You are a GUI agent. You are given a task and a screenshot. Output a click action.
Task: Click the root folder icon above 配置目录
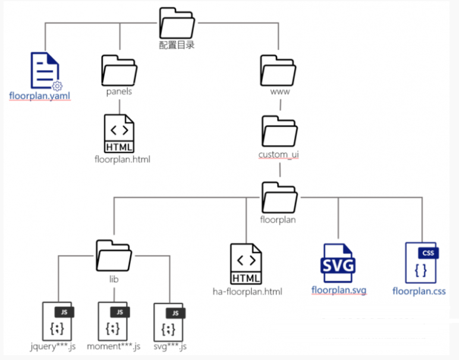pyautogui.click(x=177, y=23)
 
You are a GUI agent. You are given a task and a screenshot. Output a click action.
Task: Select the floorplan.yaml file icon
pyautogui.click(x=44, y=71)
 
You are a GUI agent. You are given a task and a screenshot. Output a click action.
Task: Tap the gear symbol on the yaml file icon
pyautogui.click(x=57, y=86)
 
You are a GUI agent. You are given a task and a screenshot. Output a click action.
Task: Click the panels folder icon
pyautogui.click(x=119, y=71)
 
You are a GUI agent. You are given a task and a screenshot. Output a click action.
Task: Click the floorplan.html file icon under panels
pyautogui.click(x=119, y=133)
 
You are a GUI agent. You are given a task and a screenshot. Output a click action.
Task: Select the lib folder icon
pyautogui.click(x=114, y=255)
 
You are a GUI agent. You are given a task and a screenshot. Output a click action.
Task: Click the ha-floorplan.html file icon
pyautogui.click(x=246, y=264)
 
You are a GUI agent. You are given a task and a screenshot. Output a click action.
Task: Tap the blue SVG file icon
pyautogui.click(x=338, y=264)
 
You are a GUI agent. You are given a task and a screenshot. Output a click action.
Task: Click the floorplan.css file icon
pyautogui.click(x=420, y=263)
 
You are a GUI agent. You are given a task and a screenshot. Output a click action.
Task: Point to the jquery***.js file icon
pyautogui.click(x=58, y=321)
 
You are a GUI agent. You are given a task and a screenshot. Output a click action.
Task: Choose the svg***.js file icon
pyautogui.click(x=169, y=321)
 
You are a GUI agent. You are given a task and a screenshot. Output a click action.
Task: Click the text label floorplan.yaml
pyautogui.click(x=40, y=95)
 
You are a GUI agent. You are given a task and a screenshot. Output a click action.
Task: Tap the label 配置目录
pyautogui.click(x=177, y=45)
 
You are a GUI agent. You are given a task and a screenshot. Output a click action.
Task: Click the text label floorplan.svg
pyautogui.click(x=339, y=290)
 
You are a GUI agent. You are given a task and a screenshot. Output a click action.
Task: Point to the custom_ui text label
pyautogui.click(x=278, y=155)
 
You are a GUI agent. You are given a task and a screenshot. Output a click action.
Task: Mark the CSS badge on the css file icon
pyautogui.click(x=427, y=253)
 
